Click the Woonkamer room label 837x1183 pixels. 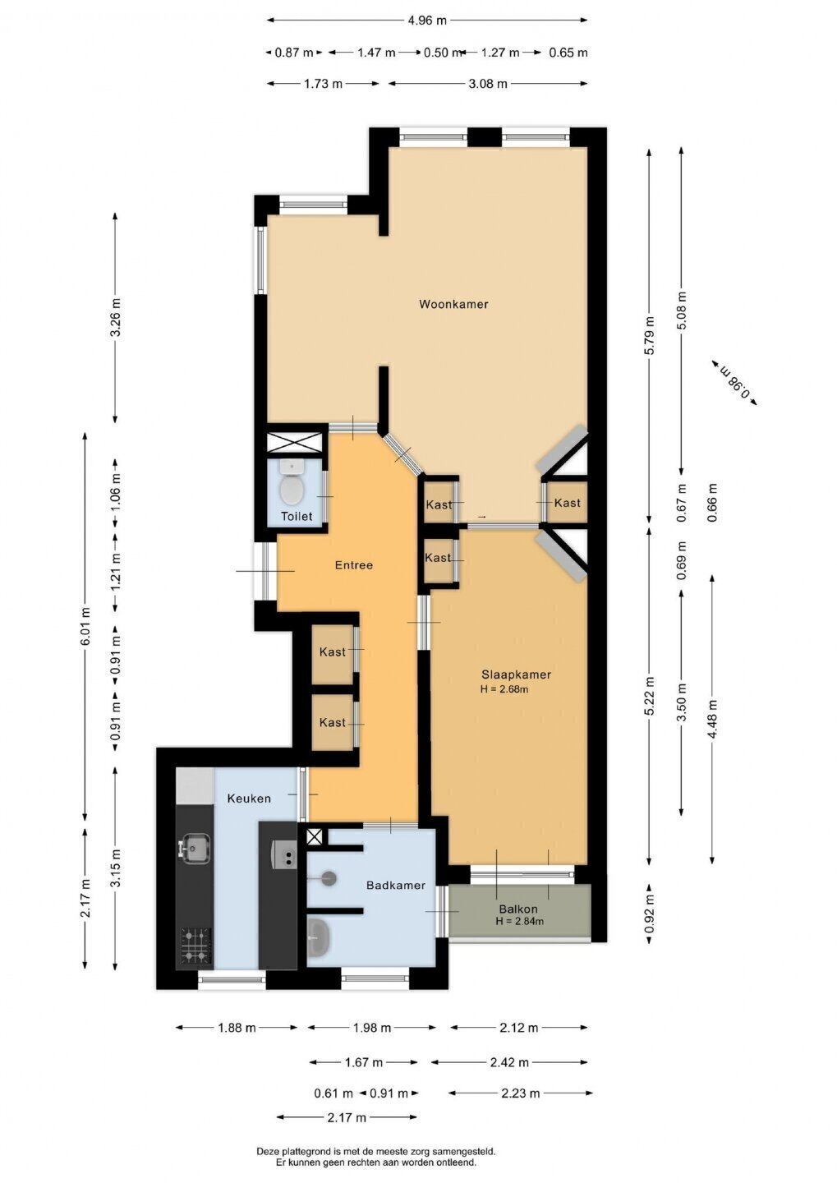click(x=453, y=304)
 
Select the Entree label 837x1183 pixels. click(x=354, y=565)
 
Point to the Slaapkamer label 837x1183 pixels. click(x=516, y=674)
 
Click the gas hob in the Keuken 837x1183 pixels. click(x=196, y=946)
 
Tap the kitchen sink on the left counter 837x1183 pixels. click(x=195, y=849)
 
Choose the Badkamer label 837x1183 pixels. click(x=396, y=885)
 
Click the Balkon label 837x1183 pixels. click(x=518, y=909)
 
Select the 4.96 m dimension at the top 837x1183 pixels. click(x=426, y=21)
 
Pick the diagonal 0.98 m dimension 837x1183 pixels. click(x=734, y=383)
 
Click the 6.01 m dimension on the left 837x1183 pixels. click(x=85, y=626)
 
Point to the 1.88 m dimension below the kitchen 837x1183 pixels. click(x=237, y=1027)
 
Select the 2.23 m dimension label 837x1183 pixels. click(x=520, y=1093)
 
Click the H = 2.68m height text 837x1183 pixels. click(x=504, y=689)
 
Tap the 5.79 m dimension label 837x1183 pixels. click(x=649, y=335)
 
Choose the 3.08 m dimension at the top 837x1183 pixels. click(x=488, y=84)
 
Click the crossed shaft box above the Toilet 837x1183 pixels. click(x=294, y=441)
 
